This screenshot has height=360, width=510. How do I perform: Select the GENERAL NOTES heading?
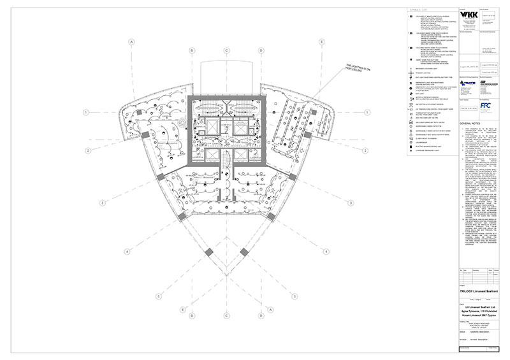(x=470, y=124)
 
